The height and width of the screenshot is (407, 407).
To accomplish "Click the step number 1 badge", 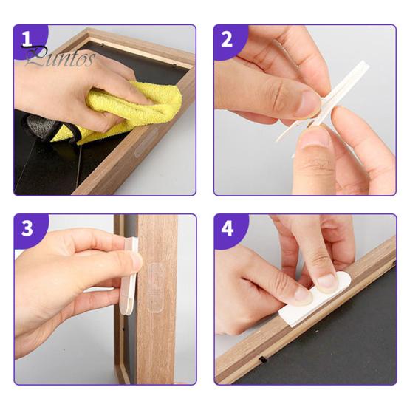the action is [x=30, y=40].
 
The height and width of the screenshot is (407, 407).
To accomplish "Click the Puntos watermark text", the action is [x=61, y=58].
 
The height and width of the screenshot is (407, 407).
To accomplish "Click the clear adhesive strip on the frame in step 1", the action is [x=146, y=142].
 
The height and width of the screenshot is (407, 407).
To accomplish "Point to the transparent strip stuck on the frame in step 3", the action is [x=155, y=287].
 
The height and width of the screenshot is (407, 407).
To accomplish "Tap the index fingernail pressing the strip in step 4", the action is [x=327, y=281].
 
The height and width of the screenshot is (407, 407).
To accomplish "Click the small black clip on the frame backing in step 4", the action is [x=263, y=360].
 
